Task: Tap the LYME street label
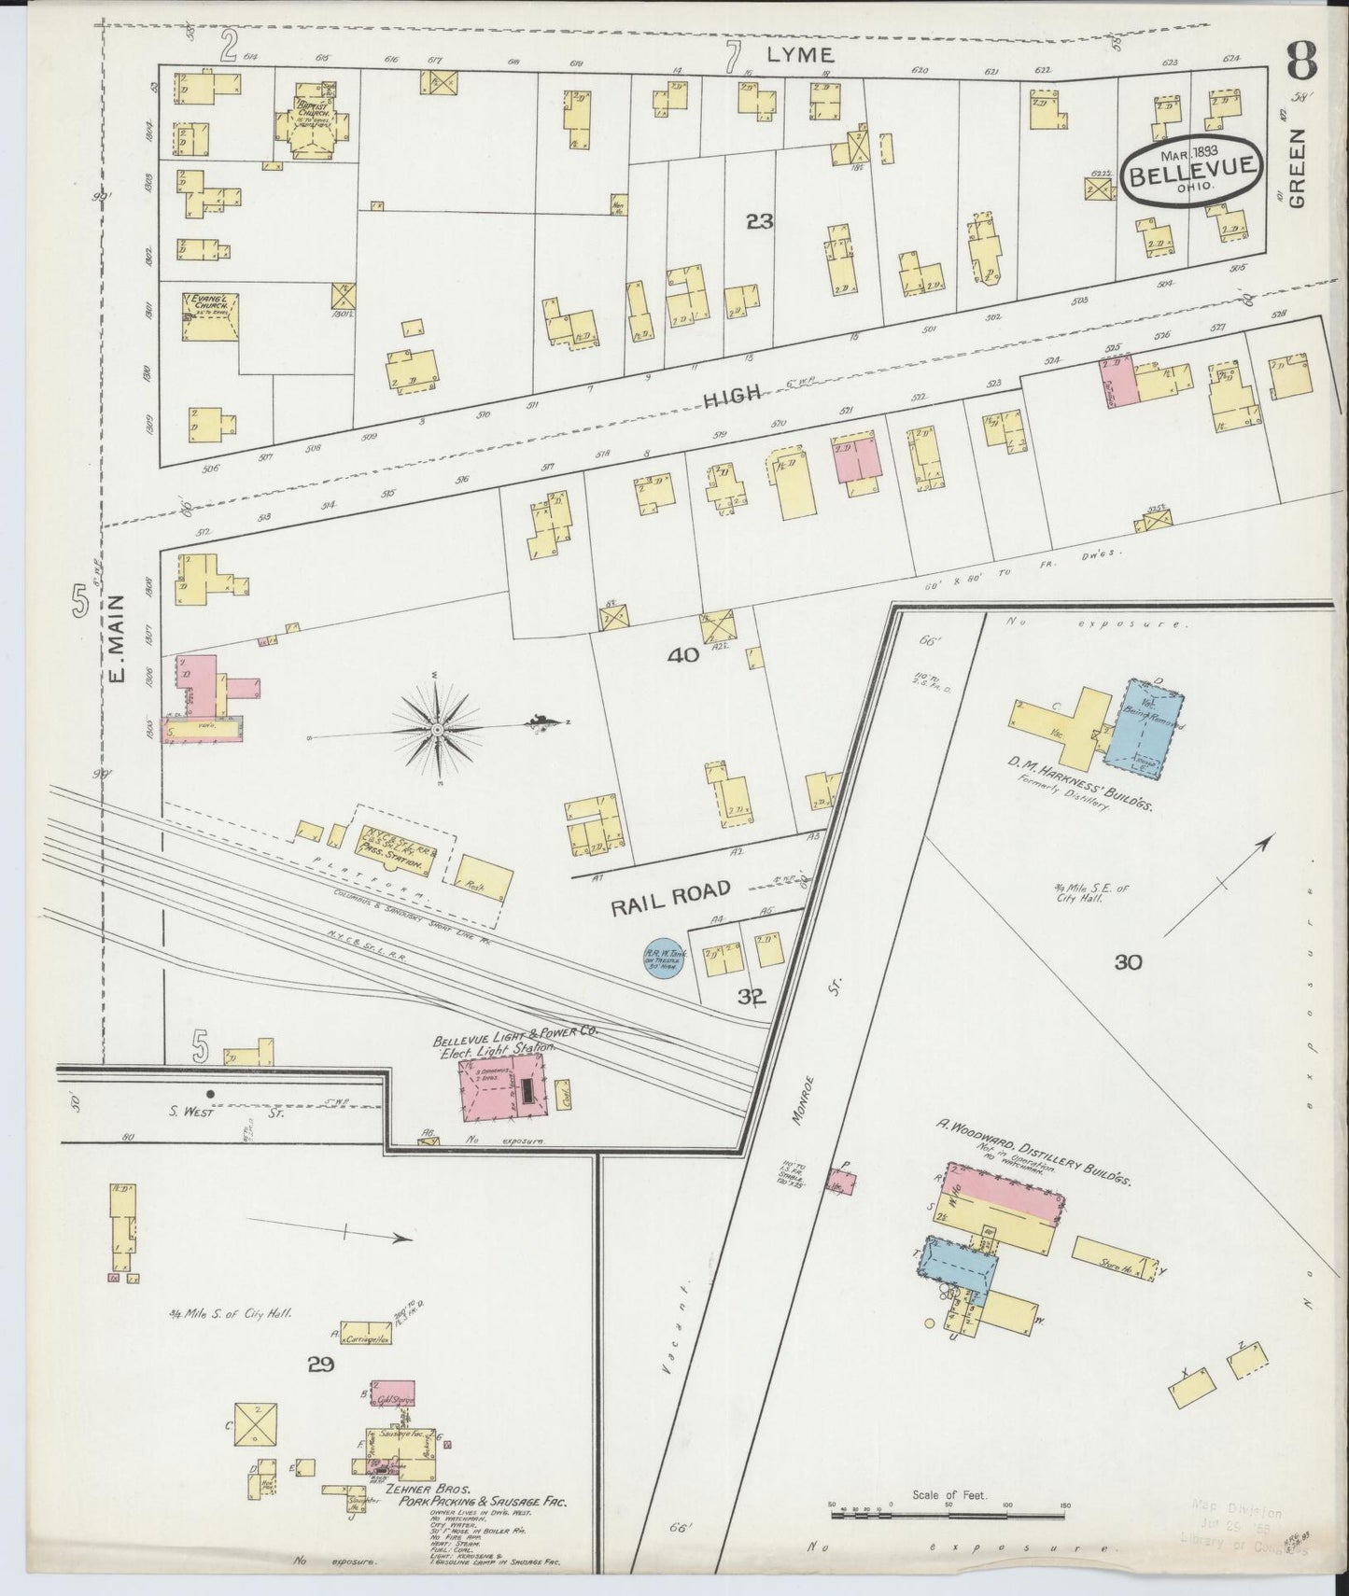(x=800, y=55)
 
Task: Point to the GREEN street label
(x=1299, y=167)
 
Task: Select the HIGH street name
(x=735, y=398)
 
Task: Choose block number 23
(x=760, y=221)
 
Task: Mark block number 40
(x=683, y=656)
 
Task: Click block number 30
(x=1128, y=962)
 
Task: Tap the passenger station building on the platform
(x=396, y=847)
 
